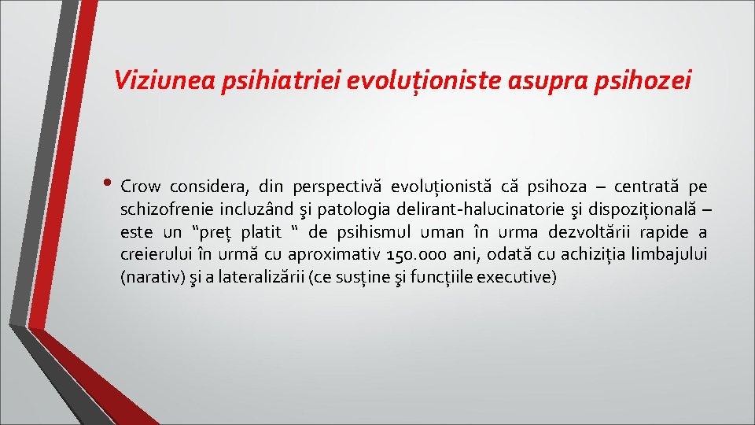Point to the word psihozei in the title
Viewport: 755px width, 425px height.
[649, 80]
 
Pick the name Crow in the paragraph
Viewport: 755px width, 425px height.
[141, 187]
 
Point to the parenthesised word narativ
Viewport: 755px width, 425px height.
[147, 277]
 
